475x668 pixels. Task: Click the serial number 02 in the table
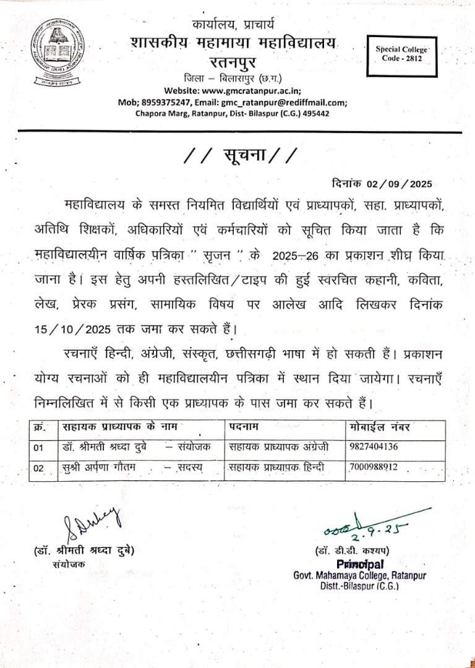[39, 468]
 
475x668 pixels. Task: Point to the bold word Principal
[360, 564]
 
